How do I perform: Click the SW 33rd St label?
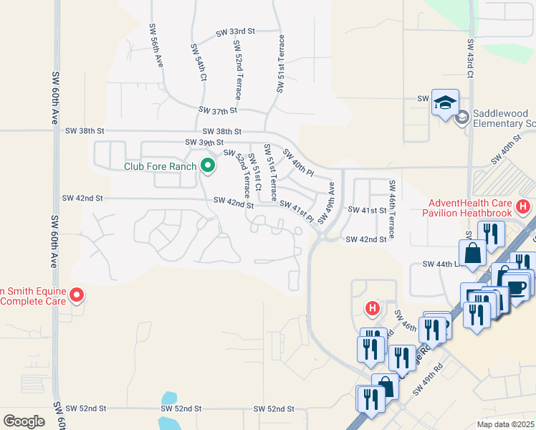click(x=236, y=32)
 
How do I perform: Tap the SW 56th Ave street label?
click(x=155, y=45)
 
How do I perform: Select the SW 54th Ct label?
click(x=198, y=62)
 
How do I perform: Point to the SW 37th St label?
click(x=218, y=111)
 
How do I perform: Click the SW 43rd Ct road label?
click(x=469, y=61)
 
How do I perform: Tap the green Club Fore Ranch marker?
click(x=209, y=166)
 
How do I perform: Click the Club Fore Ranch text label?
click(x=161, y=167)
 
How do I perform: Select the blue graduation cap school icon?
click(x=444, y=102)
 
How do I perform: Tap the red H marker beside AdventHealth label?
click(x=523, y=207)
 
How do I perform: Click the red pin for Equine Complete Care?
click(x=77, y=295)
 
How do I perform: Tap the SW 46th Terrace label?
click(x=392, y=210)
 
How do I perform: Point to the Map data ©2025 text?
click(x=504, y=424)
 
